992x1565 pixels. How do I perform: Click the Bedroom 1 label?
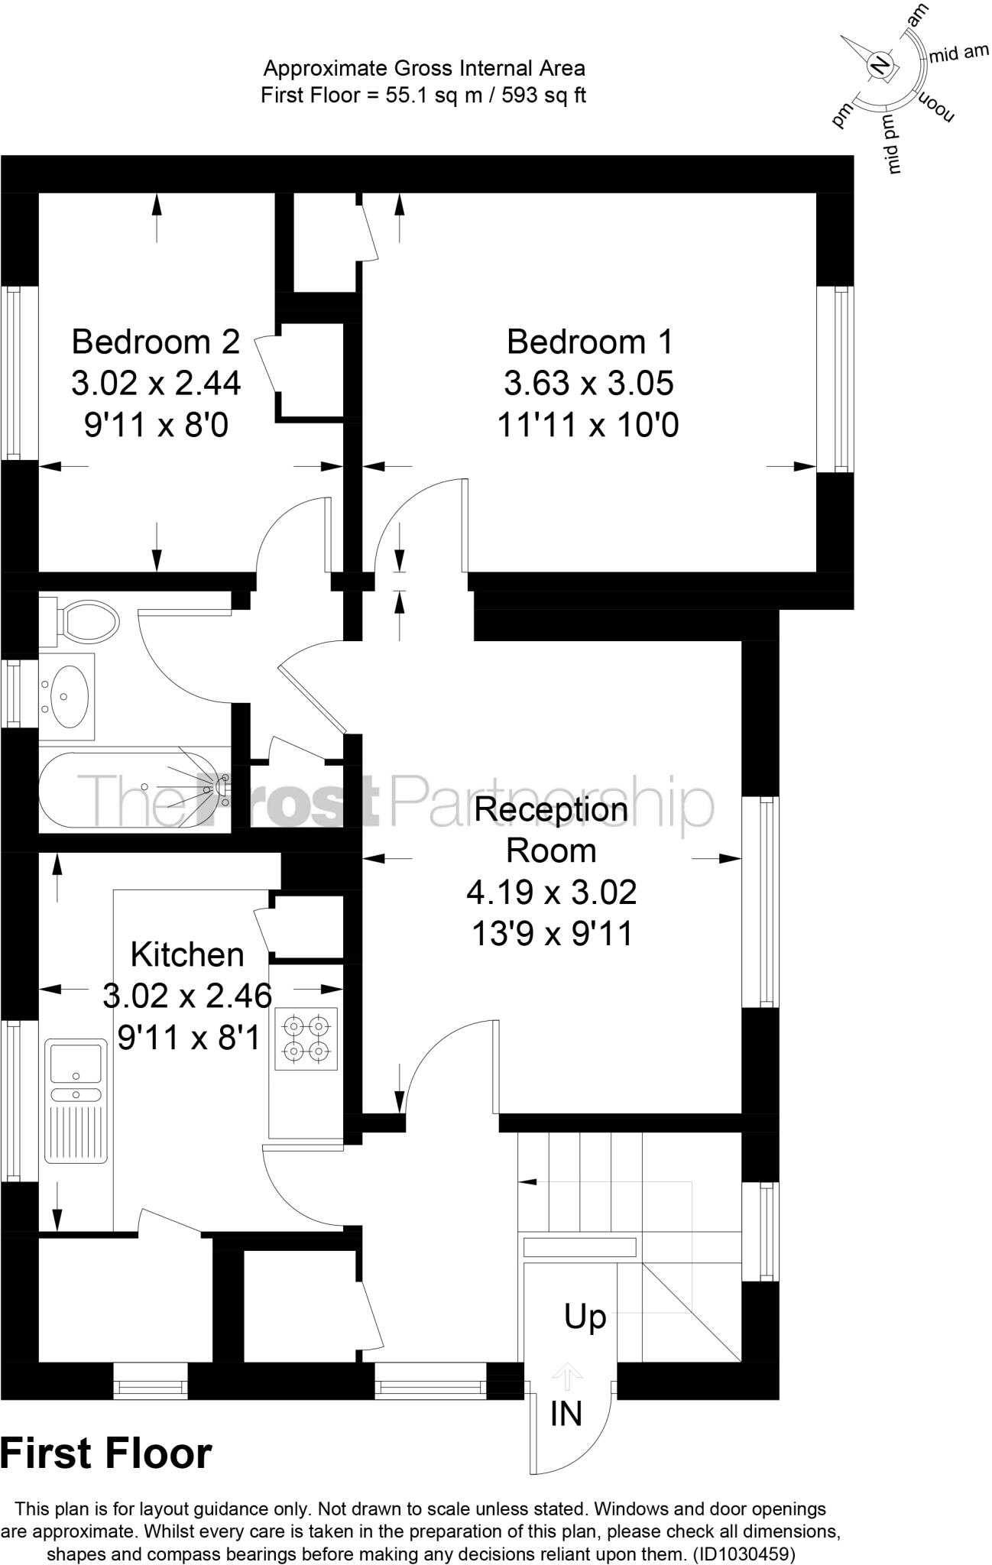590,342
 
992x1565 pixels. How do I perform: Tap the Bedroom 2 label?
156,342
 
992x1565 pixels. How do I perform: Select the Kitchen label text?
187,955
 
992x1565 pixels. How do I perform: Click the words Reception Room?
551,830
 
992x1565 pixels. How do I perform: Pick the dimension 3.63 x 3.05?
588,383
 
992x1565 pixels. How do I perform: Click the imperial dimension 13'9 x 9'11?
552,934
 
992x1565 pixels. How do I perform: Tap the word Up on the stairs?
585,1317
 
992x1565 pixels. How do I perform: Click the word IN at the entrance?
566,1414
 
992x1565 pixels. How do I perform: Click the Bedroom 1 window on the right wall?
835,380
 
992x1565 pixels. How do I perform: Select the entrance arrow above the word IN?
566,1377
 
